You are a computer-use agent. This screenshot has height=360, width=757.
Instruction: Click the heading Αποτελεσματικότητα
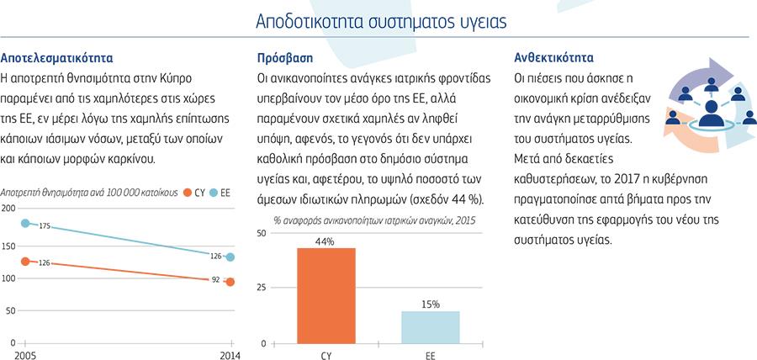pyautogui.click(x=57, y=59)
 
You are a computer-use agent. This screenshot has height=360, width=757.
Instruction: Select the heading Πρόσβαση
pyautogui.click(x=284, y=59)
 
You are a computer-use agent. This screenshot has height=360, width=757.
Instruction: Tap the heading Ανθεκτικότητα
pyautogui.click(x=553, y=59)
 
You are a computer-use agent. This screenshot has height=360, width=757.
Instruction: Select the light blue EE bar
pyautogui.click(x=430, y=327)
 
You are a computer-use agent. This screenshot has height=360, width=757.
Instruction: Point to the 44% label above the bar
pyautogui.click(x=326, y=241)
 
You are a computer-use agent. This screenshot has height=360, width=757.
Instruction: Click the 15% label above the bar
pyautogui.click(x=430, y=304)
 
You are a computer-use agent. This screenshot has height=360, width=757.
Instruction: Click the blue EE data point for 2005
pyautogui.click(x=25, y=224)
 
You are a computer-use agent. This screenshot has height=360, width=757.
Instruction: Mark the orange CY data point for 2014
pyautogui.click(x=230, y=282)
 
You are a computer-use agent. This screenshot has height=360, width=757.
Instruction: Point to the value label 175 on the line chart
pyautogui.click(x=45, y=226)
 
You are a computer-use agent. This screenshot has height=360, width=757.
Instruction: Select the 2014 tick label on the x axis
pyautogui.click(x=230, y=355)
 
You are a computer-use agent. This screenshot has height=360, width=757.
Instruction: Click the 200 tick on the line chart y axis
pyautogui.click(x=8, y=209)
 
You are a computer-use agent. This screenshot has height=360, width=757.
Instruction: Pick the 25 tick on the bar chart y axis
pyautogui.click(x=261, y=288)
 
